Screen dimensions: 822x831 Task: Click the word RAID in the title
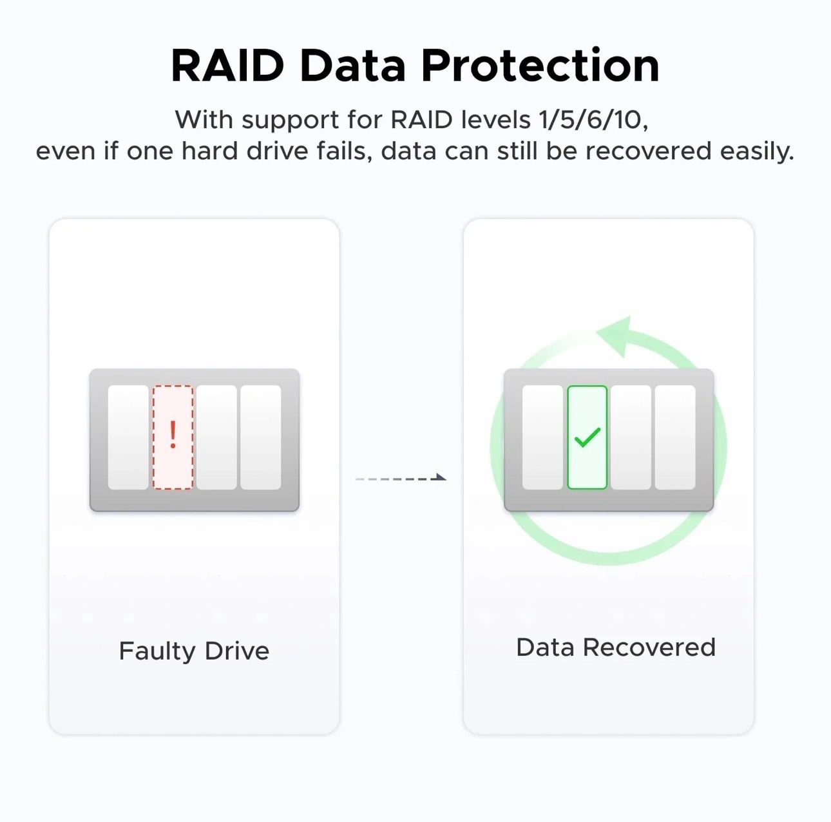(x=227, y=66)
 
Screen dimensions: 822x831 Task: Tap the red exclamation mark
(x=173, y=435)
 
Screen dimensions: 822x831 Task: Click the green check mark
(x=587, y=438)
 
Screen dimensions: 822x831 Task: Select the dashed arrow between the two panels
(x=401, y=478)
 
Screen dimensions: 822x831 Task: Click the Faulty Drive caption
(x=194, y=651)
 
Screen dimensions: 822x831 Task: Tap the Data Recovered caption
(x=615, y=647)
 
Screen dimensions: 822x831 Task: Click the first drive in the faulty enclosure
(x=128, y=437)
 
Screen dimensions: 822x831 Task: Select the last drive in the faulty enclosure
(x=260, y=437)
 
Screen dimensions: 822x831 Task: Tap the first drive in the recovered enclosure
(x=542, y=437)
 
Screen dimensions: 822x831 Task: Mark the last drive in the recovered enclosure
(x=674, y=437)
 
